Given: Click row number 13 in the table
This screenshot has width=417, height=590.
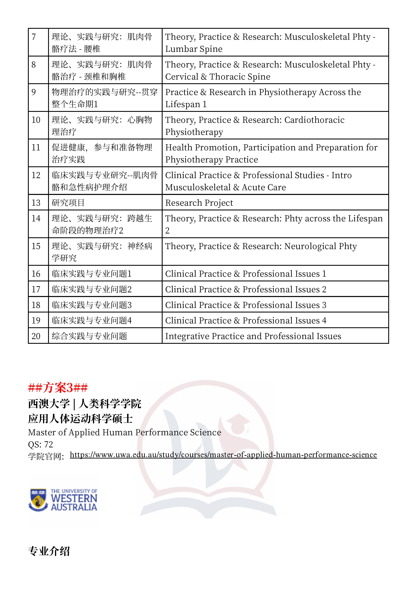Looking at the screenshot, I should coord(36,203).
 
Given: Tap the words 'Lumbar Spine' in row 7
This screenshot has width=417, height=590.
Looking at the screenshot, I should coord(194,49).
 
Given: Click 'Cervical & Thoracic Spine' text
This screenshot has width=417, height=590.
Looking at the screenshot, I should coord(217,77).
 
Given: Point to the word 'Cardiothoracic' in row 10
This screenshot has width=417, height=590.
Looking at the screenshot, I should coord(314,120).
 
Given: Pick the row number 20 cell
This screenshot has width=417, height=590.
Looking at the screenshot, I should coord(36,336).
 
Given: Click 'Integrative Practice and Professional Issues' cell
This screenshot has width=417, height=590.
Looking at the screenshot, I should coord(253,336).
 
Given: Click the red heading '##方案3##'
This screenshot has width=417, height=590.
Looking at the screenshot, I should coord(58,388).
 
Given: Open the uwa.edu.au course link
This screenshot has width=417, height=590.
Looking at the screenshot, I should coord(223,455).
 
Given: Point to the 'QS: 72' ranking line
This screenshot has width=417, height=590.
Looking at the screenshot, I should coord(40,444).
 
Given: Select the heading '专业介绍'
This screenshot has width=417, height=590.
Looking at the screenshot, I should coord(49,551).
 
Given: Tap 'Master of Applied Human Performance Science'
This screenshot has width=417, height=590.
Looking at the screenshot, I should coord(124,432).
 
